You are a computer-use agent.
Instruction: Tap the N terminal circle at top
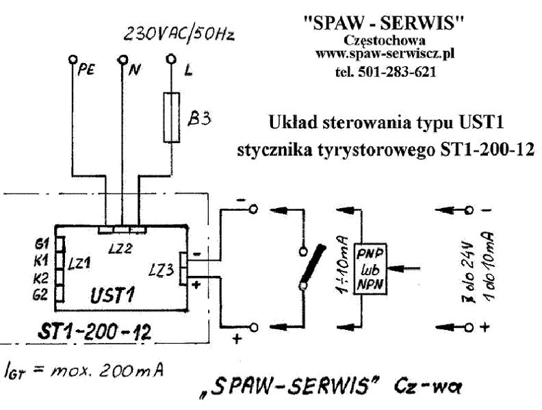123,59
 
